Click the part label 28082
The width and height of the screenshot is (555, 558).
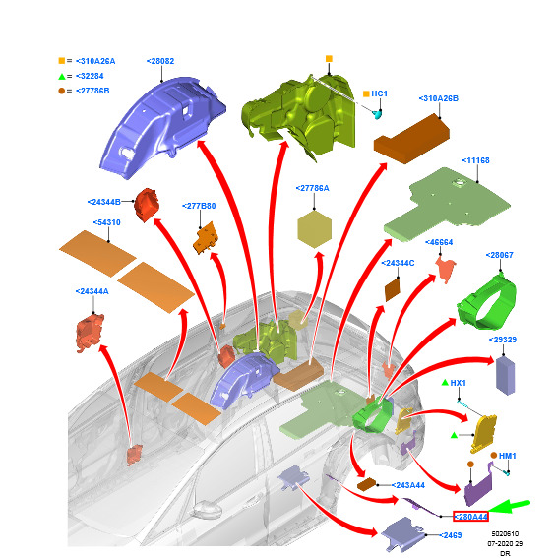[x=160, y=61]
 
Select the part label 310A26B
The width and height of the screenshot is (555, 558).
[x=439, y=98]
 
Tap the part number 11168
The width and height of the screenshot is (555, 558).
[x=475, y=160]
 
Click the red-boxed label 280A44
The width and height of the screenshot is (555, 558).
[x=470, y=517]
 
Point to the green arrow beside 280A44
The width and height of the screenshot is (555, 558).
[x=510, y=506]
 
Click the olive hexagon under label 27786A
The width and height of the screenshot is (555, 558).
[x=314, y=229]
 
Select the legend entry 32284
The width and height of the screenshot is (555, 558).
[x=90, y=76]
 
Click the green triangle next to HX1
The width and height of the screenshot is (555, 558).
[x=445, y=383]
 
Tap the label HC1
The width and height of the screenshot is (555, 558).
[x=379, y=93]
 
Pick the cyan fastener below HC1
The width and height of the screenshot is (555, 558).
[x=377, y=114]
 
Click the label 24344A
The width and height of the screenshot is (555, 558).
[x=92, y=292]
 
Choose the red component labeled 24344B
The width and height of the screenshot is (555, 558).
[x=147, y=205]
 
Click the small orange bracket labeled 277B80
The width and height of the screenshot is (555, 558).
[x=206, y=238]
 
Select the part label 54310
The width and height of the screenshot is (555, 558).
[x=106, y=222]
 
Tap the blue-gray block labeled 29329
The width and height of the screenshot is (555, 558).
[x=505, y=375]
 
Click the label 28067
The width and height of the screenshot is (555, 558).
[x=500, y=255]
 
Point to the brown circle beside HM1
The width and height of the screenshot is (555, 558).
[x=493, y=455]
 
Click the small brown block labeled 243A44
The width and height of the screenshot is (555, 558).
[x=366, y=484]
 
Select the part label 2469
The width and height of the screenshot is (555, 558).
[x=451, y=535]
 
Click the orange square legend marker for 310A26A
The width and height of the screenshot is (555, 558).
[x=62, y=61]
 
